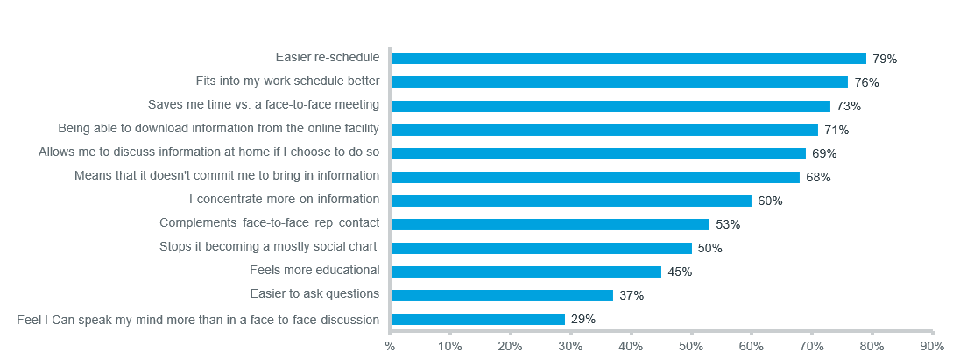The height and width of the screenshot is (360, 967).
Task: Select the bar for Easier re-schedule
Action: (x=628, y=58)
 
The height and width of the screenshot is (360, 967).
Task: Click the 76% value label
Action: (x=867, y=82)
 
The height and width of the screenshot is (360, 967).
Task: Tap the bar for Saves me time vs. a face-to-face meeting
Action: (x=610, y=105)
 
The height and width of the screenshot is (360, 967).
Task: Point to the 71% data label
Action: (x=837, y=130)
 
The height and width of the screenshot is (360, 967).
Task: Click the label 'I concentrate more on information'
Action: (x=284, y=199)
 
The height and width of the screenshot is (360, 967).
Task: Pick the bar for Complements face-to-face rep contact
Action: (x=550, y=223)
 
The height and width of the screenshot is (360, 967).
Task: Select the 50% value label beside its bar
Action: (x=709, y=248)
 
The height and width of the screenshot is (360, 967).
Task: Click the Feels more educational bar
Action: (x=526, y=271)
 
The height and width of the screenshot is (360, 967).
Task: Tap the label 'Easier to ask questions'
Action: (x=314, y=293)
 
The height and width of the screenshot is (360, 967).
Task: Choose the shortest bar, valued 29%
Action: (x=477, y=319)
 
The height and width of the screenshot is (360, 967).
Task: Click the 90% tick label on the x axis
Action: (x=932, y=346)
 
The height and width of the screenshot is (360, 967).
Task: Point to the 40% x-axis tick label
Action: (x=631, y=346)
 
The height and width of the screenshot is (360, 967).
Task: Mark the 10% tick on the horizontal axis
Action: (x=450, y=346)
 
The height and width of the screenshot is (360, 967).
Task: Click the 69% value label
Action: (x=824, y=153)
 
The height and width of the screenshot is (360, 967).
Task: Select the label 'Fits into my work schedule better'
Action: (x=287, y=81)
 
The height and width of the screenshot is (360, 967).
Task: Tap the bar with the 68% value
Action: (x=595, y=176)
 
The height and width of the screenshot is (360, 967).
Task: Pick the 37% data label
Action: (x=631, y=295)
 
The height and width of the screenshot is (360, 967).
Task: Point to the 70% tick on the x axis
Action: (x=812, y=346)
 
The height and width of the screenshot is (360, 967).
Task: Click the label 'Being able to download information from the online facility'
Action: (x=218, y=128)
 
